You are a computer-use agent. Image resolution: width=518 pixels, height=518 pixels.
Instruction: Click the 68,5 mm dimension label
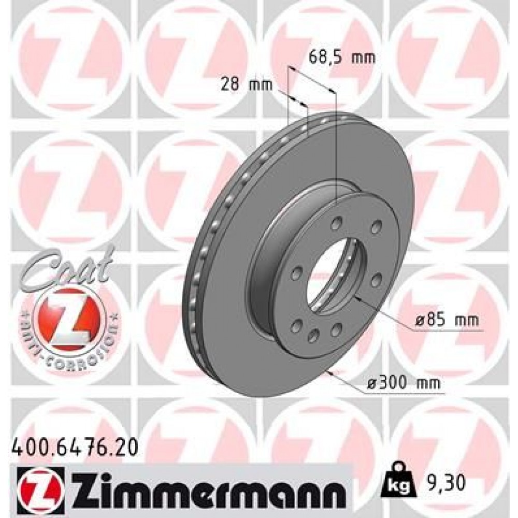pos(341,57)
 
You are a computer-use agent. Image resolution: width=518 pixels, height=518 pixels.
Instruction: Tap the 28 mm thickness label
pos(247,84)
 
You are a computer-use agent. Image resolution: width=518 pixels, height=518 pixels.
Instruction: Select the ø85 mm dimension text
pos(446,321)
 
